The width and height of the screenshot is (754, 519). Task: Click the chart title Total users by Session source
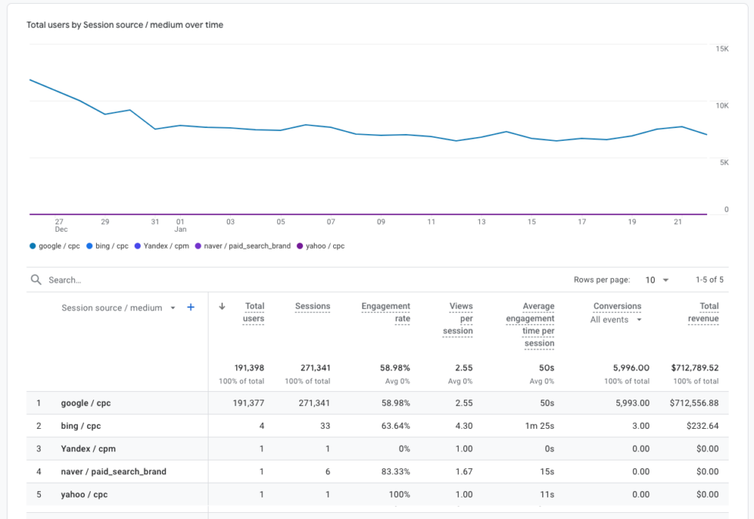coord(125,25)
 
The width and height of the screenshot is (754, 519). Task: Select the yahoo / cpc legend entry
coord(322,246)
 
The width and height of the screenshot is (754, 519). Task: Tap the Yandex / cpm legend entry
coord(162,246)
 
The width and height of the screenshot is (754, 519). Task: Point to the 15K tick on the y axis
coord(722,49)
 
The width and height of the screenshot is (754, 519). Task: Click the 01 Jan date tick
coord(180,225)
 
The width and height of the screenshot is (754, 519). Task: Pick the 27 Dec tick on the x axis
coord(60,225)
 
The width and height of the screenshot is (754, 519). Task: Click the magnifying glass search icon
coord(36,280)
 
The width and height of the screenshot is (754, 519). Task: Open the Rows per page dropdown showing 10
coord(657,280)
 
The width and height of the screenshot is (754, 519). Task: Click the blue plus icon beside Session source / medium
coord(191,307)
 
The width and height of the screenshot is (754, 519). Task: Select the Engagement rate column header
coord(385,312)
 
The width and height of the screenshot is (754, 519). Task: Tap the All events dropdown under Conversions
coord(616,320)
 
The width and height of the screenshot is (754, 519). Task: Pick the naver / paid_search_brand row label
coord(113,471)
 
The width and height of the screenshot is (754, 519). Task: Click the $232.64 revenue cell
coord(700,426)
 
